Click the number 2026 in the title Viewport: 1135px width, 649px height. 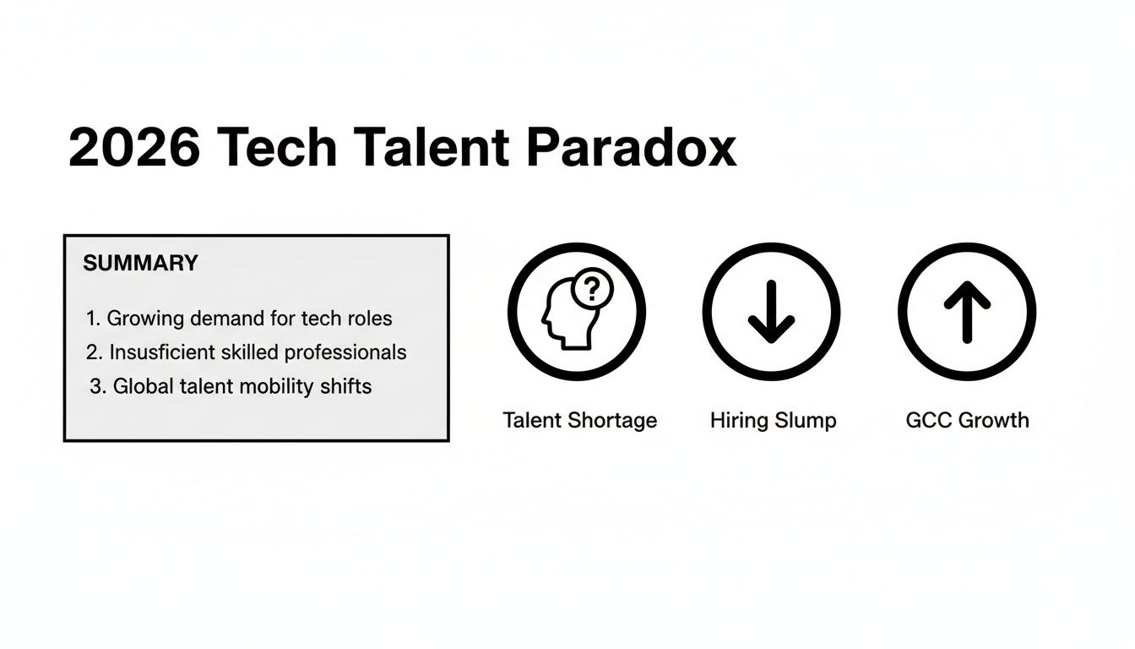click(x=134, y=148)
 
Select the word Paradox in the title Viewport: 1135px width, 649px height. click(x=631, y=148)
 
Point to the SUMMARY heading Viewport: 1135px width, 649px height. click(x=140, y=263)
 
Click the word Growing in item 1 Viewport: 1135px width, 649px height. click(x=144, y=319)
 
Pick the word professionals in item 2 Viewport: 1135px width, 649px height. click(x=352, y=352)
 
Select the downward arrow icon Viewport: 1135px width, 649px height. click(x=771, y=312)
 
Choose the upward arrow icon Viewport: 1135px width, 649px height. click(x=967, y=312)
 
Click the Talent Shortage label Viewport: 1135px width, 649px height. click(x=579, y=420)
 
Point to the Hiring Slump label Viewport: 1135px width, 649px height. click(x=773, y=420)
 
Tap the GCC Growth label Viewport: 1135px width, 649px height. click(x=967, y=420)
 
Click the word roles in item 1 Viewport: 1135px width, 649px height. click(x=369, y=319)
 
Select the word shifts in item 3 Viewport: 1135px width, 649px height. click(x=345, y=386)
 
